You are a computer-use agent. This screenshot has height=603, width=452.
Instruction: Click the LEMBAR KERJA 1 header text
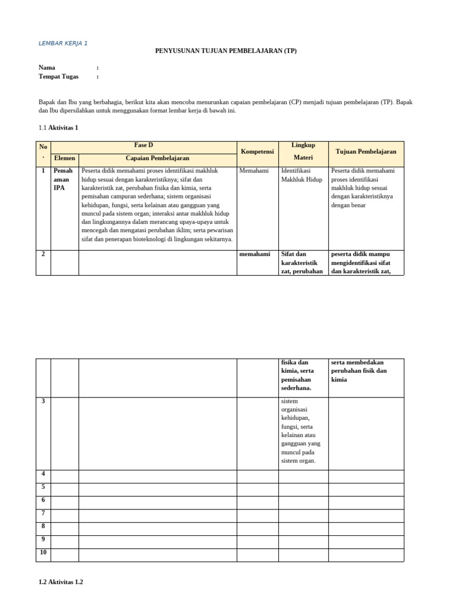tap(63, 43)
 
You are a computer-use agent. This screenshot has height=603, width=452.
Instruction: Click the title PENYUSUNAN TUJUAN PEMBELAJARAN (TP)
tap(226, 51)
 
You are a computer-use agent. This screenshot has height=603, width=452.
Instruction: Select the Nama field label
tap(47, 68)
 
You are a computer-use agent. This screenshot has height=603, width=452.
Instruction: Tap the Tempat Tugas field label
tap(58, 77)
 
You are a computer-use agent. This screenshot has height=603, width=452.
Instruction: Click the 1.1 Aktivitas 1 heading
tap(58, 127)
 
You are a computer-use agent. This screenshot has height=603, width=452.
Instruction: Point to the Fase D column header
tap(144, 145)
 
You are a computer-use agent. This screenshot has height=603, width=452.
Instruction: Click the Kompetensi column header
tap(257, 152)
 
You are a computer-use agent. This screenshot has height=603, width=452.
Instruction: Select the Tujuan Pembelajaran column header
tap(365, 152)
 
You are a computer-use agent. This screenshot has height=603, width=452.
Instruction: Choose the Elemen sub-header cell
tap(65, 158)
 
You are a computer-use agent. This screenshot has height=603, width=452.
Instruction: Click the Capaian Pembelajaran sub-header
tap(157, 158)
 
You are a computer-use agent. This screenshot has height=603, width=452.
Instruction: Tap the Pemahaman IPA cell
tap(63, 179)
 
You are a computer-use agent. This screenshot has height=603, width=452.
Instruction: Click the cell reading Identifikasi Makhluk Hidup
tap(302, 175)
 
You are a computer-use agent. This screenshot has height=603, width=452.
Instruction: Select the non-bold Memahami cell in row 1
tap(254, 171)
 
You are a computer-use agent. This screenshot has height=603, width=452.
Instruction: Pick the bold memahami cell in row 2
tap(255, 254)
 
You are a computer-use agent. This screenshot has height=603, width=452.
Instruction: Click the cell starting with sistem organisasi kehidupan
tap(302, 430)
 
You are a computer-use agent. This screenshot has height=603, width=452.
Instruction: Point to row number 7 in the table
tap(43, 513)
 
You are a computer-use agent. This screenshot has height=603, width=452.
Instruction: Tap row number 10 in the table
tap(43, 552)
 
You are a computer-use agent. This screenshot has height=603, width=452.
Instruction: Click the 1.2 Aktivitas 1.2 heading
tap(61, 582)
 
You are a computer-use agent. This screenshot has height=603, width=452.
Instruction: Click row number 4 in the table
tap(43, 473)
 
